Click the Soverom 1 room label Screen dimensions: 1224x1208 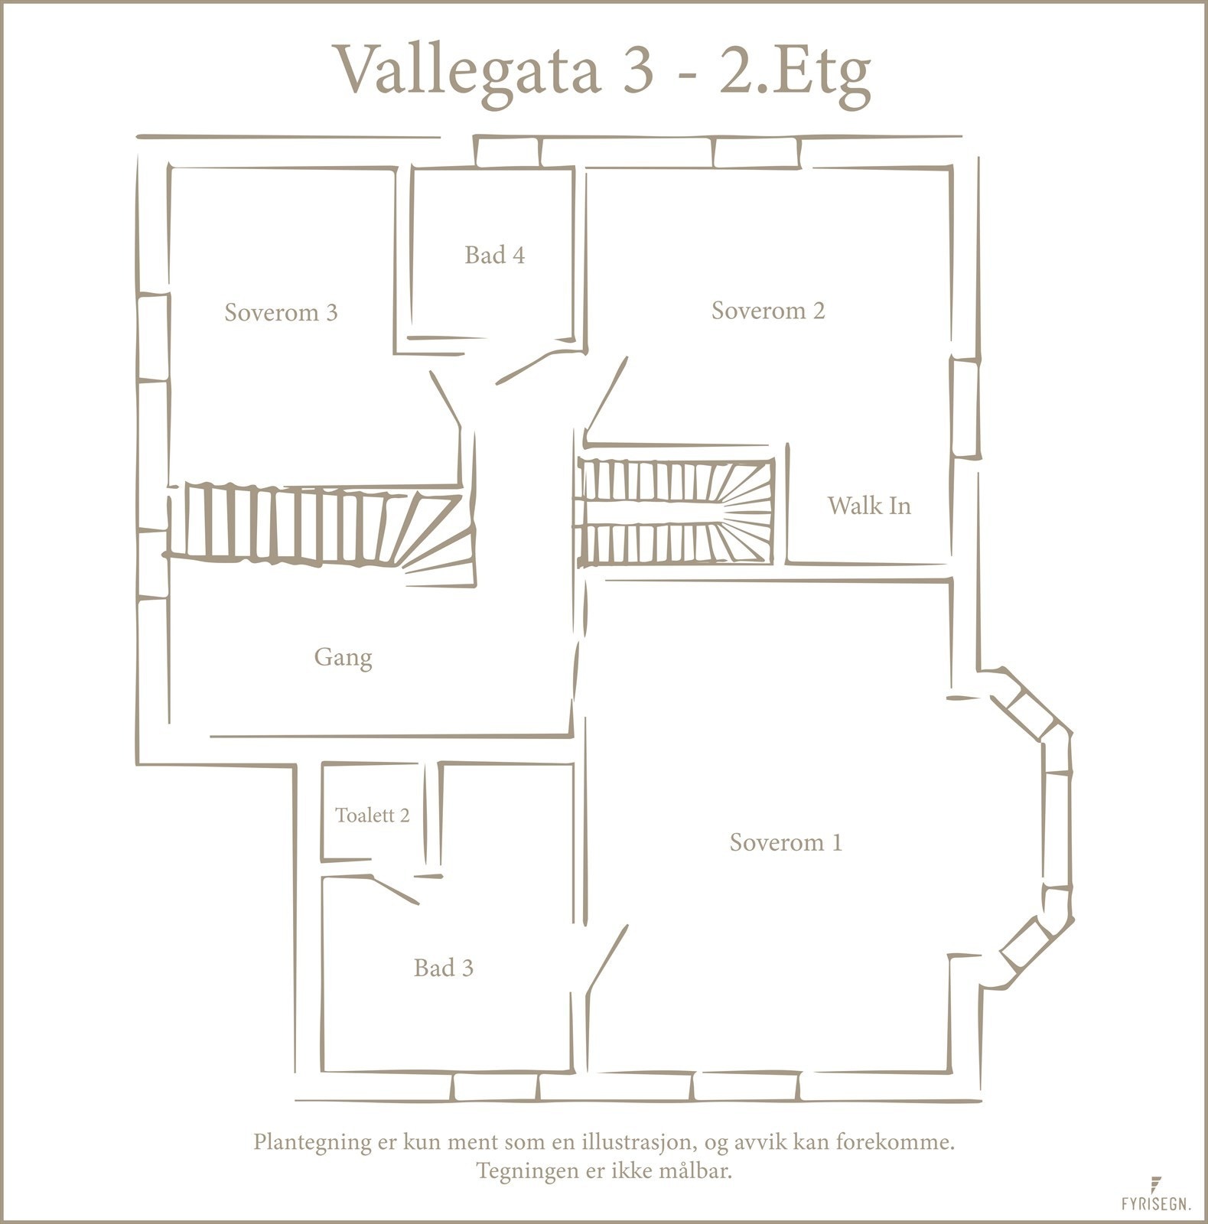pyautogui.click(x=786, y=842)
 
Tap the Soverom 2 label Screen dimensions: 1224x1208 pyautogui.click(x=768, y=311)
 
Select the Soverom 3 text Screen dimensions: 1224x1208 pyautogui.click(x=281, y=312)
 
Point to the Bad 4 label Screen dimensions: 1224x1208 pyautogui.click(x=494, y=255)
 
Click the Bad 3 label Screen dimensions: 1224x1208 pyautogui.click(x=444, y=968)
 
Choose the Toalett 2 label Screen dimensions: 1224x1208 pyautogui.click(x=373, y=815)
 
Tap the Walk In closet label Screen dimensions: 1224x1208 pyautogui.click(x=869, y=506)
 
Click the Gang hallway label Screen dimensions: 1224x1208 pyautogui.click(x=343, y=657)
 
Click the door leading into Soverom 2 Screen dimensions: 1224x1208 pyautogui.click(x=607, y=396)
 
